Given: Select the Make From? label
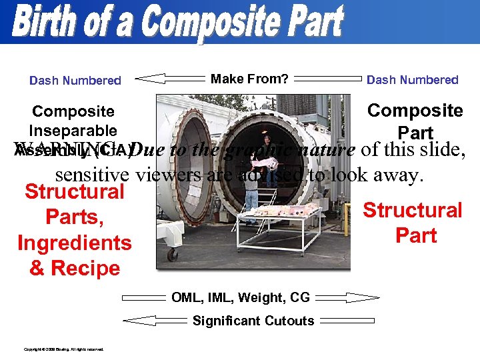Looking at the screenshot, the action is click(x=249, y=79).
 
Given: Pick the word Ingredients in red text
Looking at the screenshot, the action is click(x=75, y=243).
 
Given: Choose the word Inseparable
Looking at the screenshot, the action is click(x=73, y=131).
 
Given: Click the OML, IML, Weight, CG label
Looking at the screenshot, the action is click(x=240, y=297).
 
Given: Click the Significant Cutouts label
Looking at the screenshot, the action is click(x=253, y=321).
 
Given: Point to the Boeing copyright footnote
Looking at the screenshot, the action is click(x=63, y=349).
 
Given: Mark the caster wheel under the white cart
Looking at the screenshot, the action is click(x=173, y=254).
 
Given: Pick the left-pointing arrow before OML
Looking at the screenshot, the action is click(x=143, y=297).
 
